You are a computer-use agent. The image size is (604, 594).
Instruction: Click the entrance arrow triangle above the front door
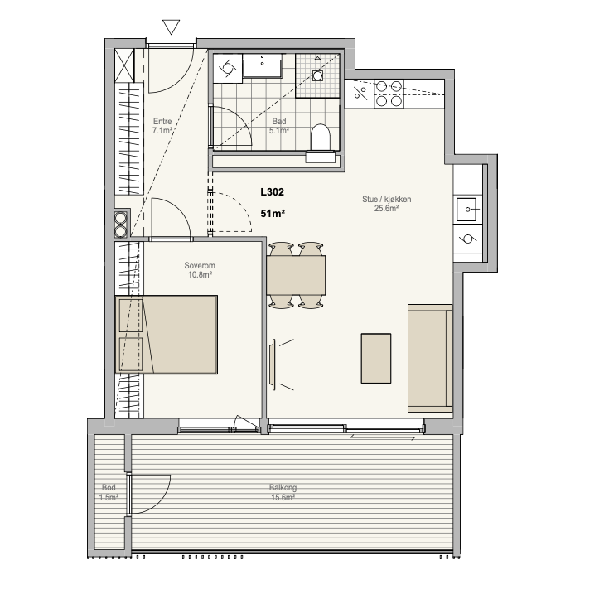pyautogui.click(x=171, y=27)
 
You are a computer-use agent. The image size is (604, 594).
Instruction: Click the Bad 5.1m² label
pyautogui.click(x=279, y=126)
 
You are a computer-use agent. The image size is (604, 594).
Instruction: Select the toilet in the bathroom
pyautogui.click(x=320, y=137)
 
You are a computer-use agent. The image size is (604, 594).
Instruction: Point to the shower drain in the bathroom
pyautogui.click(x=317, y=75)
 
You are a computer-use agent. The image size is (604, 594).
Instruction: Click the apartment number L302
pyautogui.click(x=272, y=192)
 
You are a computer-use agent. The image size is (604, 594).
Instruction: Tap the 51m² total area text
pyautogui.click(x=273, y=213)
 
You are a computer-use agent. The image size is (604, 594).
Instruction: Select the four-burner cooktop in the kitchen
pyautogui.click(x=389, y=94)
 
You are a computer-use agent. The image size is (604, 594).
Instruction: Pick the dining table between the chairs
pyautogui.click(x=296, y=275)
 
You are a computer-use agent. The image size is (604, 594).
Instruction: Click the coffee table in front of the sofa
pyautogui.click(x=376, y=358)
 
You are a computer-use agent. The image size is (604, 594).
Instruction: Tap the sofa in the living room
pyautogui.click(x=430, y=358)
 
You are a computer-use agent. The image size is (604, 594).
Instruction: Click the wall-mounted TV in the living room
pyautogui.click(x=273, y=362)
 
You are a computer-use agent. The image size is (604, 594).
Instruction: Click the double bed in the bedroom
pyautogui.click(x=166, y=335)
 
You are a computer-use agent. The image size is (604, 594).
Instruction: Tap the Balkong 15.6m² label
pyautogui.click(x=283, y=492)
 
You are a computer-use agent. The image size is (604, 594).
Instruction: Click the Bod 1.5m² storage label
pyautogui.click(x=109, y=492)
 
